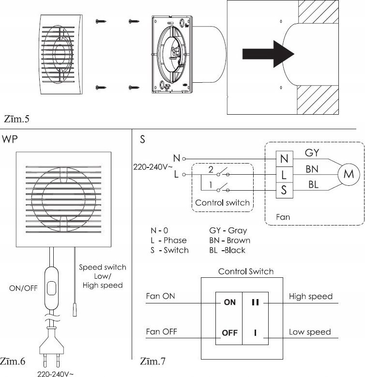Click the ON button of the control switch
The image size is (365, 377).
pos(229,302)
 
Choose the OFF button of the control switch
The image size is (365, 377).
pos(229,333)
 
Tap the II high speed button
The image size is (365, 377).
pos(256,302)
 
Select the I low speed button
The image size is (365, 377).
pos(256,333)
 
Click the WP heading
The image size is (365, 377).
pos(11,140)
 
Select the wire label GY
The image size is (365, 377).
pos(312,152)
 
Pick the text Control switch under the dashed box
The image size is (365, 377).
pos(223,202)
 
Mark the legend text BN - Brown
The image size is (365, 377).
pos(229,240)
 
